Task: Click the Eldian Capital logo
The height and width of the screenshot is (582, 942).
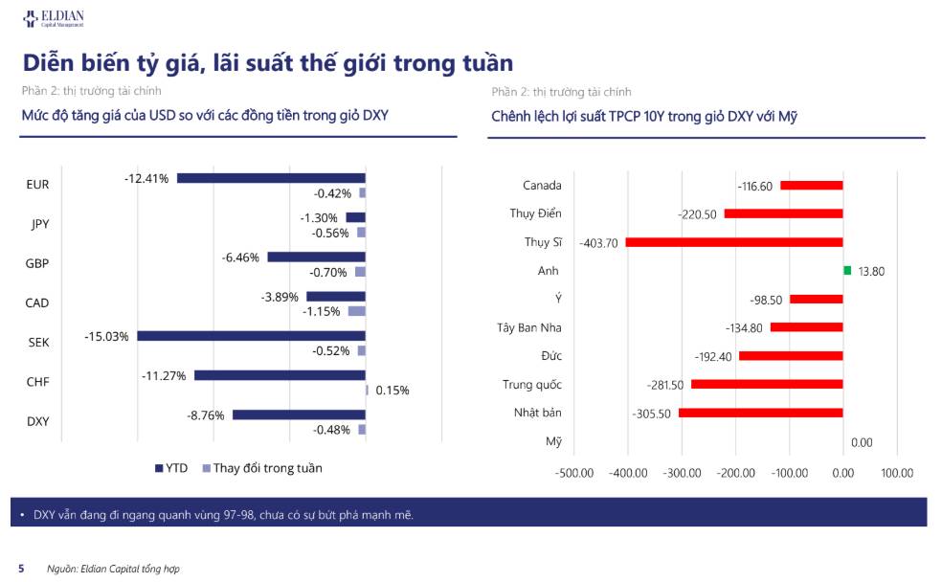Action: (54, 18)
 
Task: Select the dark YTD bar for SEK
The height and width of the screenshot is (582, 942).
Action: (251, 336)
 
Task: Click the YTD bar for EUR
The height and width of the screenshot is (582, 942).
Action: (271, 178)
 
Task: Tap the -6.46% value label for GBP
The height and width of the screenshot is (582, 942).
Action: (240, 257)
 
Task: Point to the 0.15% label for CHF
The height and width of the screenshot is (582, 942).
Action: (392, 391)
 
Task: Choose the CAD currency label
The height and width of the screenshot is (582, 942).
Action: (37, 302)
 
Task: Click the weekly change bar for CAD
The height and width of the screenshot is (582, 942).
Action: (357, 311)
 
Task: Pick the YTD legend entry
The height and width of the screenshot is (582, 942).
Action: (171, 468)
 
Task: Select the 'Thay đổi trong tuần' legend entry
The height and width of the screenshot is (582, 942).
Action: (262, 468)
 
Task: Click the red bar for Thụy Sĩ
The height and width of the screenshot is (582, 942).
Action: (734, 242)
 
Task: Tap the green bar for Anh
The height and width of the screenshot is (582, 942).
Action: (847, 271)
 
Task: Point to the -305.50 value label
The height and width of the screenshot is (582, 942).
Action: (651, 414)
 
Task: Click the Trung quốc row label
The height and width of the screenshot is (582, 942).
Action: (532, 385)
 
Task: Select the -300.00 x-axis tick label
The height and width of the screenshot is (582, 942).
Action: (682, 473)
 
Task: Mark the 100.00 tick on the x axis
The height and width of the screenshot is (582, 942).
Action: (897, 473)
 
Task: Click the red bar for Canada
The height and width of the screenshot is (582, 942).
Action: (812, 186)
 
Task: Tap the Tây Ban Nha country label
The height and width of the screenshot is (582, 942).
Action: (529, 327)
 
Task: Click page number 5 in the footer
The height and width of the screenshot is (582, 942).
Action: (22, 569)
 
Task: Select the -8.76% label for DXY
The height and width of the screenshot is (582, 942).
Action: (206, 415)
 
